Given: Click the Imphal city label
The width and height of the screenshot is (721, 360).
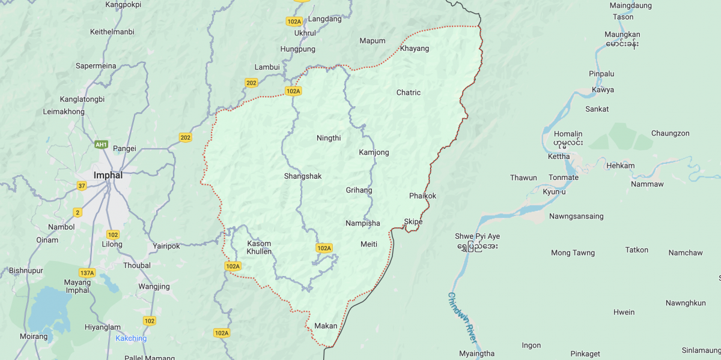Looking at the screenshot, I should [x=108, y=175].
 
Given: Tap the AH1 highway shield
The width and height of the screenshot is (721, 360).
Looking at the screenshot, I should [x=102, y=145].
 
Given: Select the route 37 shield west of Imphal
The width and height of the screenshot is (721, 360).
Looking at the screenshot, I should [x=82, y=186].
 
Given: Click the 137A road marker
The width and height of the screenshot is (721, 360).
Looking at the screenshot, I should [x=87, y=272].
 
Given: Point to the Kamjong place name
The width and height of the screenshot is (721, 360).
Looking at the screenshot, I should [x=374, y=152].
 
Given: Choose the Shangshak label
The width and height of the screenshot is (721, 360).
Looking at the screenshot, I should [x=303, y=176].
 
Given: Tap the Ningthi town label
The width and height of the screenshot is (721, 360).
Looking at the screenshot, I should [x=329, y=138].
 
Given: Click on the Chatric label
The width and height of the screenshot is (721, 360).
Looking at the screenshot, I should [x=409, y=92].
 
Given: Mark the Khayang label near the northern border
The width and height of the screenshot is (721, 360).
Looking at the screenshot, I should [x=415, y=48].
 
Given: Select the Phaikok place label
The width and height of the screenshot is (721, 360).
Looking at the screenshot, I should [x=422, y=196].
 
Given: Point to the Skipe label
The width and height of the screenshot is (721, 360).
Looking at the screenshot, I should [x=413, y=221].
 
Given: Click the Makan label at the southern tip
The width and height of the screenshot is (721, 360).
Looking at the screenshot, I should [x=326, y=326].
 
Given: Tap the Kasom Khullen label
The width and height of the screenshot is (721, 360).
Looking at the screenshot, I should [x=259, y=247].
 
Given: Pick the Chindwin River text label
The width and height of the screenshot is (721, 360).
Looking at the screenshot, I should [x=463, y=317].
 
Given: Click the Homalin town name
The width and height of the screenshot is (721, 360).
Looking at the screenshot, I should [x=568, y=134].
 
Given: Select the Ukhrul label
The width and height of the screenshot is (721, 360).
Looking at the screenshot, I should [x=305, y=33].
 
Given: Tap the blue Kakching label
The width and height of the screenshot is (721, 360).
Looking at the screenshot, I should [x=131, y=338].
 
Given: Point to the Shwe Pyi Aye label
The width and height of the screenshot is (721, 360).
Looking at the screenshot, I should [x=478, y=236].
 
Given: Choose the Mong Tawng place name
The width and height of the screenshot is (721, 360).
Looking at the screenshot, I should [x=573, y=253].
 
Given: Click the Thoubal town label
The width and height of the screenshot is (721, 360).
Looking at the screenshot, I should [x=136, y=265].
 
